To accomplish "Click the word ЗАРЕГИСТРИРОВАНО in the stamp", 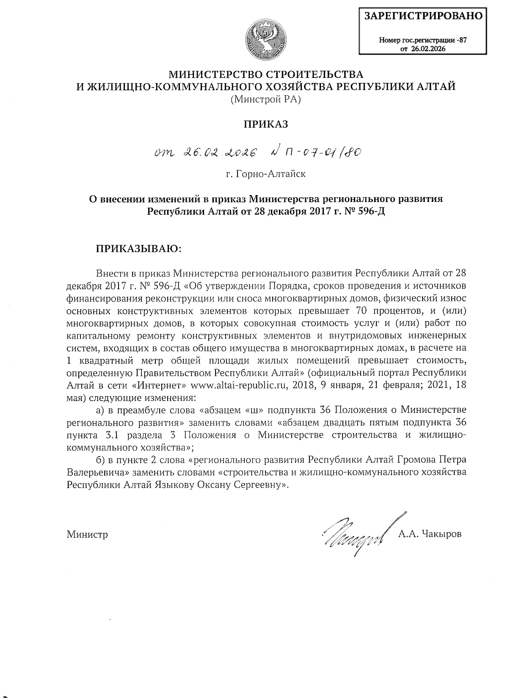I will coord(423,16).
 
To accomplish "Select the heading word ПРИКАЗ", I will coord(266,124).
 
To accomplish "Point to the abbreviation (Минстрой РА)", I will coord(265,99).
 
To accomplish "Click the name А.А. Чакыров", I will coord(429,534).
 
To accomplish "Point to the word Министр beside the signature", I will coord(87,535).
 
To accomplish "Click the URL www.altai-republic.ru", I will coord(239,386).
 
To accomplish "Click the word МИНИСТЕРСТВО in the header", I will coord(213,75).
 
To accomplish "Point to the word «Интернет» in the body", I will coord(162,386).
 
